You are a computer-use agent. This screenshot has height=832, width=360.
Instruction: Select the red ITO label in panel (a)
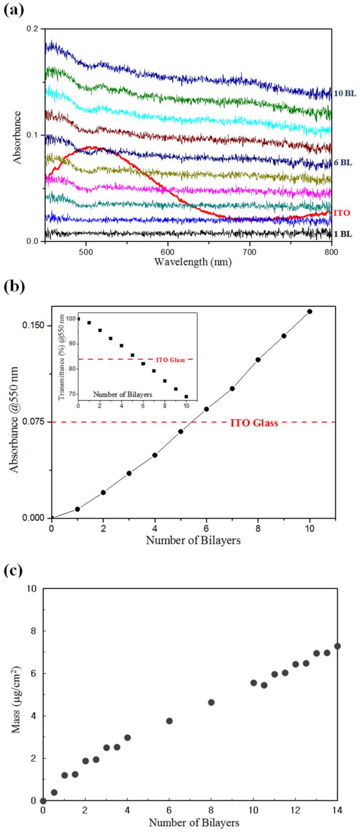342,213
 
